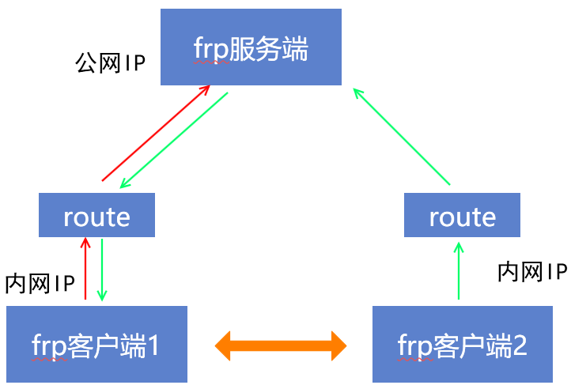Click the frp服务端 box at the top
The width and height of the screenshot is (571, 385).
click(x=251, y=47)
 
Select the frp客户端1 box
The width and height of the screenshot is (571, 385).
click(x=96, y=344)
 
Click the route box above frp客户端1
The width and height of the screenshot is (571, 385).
click(x=96, y=216)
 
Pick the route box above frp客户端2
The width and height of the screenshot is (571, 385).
click(x=462, y=216)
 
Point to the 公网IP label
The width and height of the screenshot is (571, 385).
click(x=111, y=63)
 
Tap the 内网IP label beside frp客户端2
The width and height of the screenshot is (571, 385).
click(x=532, y=272)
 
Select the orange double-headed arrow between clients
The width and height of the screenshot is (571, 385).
click(x=282, y=344)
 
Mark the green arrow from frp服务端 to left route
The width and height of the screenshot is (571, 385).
click(x=174, y=140)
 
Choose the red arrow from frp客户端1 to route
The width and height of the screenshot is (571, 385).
click(x=85, y=269)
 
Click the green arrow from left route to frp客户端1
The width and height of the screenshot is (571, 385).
click(x=102, y=270)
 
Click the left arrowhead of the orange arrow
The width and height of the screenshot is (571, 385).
click(x=225, y=344)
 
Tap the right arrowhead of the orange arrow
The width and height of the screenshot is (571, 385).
click(x=338, y=344)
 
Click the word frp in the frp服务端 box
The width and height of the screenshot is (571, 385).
click(x=210, y=50)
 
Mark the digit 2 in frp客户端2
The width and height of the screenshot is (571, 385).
click(x=520, y=345)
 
